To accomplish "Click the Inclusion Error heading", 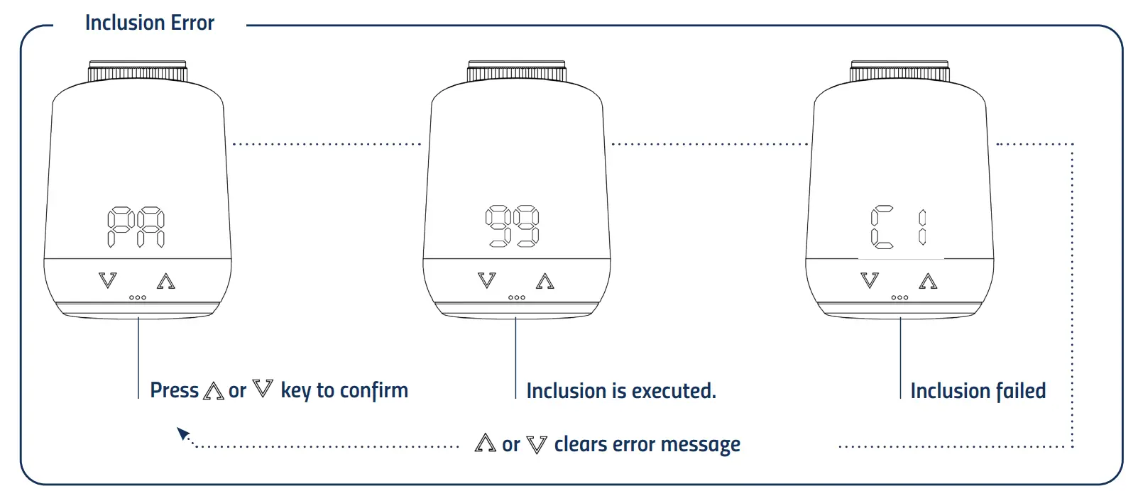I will [x=149, y=23].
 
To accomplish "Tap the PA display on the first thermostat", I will [x=136, y=227].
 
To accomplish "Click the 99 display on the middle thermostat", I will [x=512, y=226].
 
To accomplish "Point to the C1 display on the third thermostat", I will [x=898, y=227].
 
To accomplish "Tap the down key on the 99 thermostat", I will [x=487, y=280].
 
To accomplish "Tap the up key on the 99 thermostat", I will [x=545, y=281].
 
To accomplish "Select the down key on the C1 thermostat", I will [x=870, y=280].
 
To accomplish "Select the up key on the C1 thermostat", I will [x=928, y=281].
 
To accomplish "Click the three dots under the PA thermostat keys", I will [x=138, y=297].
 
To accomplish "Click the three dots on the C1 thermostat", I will [x=899, y=297].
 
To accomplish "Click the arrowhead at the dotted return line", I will [x=183, y=433].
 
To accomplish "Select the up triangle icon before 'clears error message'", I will [x=485, y=443].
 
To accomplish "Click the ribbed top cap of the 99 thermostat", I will [x=517, y=72].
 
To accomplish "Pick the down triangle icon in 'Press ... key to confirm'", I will [x=263, y=389].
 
